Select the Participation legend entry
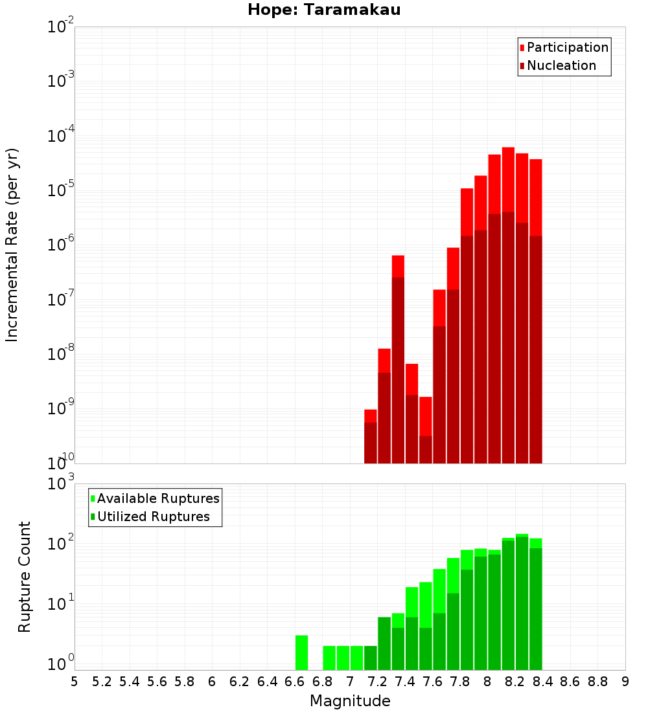[564, 47]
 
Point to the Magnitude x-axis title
[350, 701]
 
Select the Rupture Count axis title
[25, 576]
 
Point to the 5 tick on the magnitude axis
[75, 682]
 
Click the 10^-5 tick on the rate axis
[61, 190]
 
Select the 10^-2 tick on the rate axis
[61, 27]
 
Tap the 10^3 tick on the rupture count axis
[61, 484]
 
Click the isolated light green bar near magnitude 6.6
[302, 652]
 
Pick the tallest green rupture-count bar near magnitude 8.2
[522, 602]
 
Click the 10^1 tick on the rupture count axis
[61, 604]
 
